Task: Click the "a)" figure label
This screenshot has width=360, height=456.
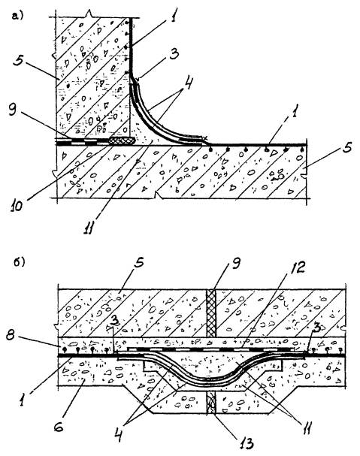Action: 17,16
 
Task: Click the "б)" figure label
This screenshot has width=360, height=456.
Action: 20,262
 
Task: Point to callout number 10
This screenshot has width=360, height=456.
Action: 17,206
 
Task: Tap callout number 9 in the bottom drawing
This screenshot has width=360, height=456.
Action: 237,264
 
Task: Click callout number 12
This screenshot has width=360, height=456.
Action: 298,267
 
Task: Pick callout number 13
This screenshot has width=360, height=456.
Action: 247,443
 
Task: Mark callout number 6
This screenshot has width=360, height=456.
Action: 59,427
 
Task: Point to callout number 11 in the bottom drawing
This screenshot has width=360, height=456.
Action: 306,427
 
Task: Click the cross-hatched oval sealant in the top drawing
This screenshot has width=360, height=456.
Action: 122,140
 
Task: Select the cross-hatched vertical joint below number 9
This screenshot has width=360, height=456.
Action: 211,313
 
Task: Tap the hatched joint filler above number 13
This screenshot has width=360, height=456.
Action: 211,403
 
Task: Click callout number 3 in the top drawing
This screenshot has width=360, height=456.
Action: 174,54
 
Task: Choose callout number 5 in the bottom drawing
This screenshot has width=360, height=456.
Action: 141,263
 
